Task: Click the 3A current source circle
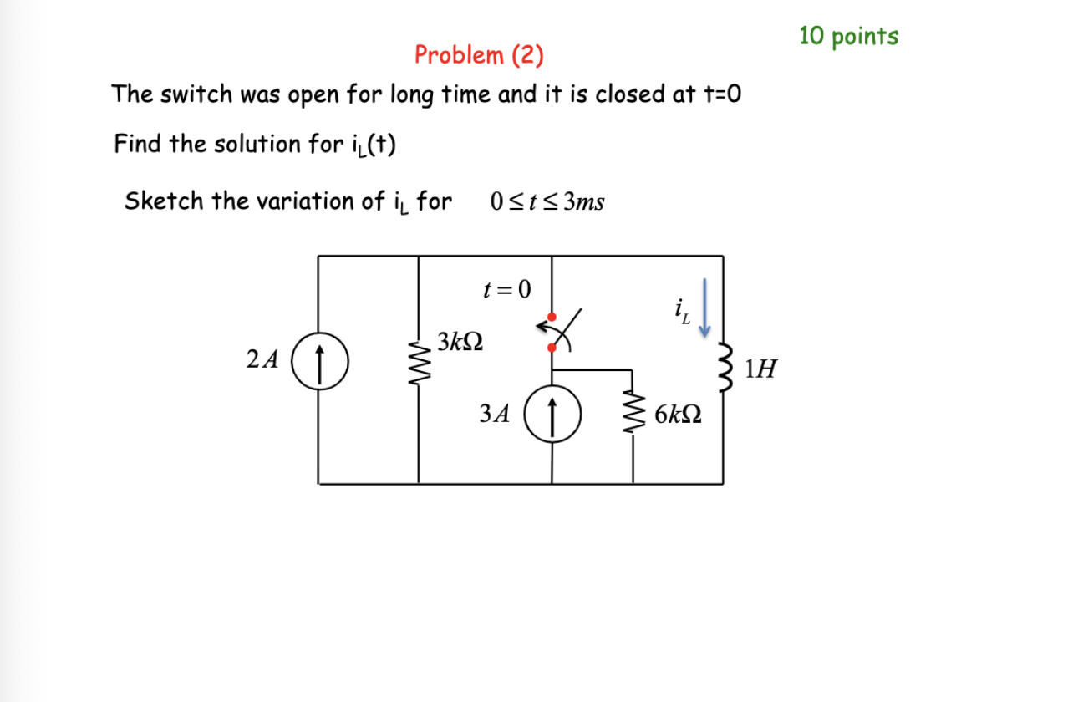coord(551,412)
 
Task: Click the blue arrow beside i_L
coord(704,308)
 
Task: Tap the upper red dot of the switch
coord(551,317)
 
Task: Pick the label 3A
coord(495,413)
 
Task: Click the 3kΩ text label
coord(459,342)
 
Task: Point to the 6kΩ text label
coord(678,413)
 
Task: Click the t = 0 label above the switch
coord(507,289)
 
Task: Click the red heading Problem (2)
coord(479,56)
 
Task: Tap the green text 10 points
coord(848,36)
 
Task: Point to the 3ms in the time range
coord(584,202)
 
